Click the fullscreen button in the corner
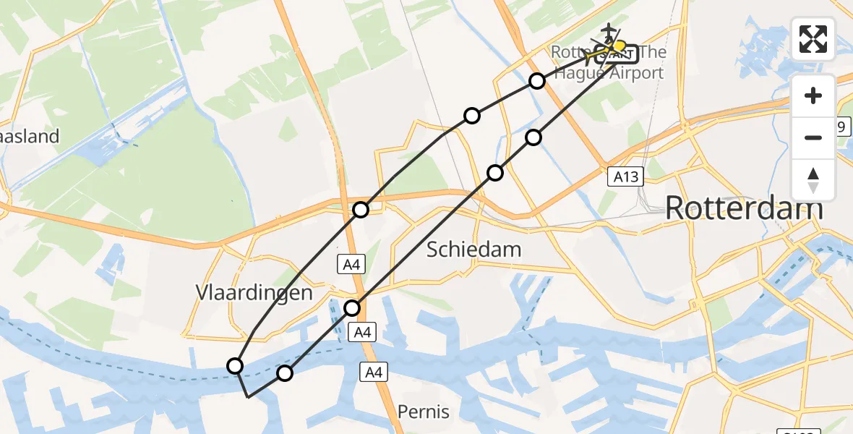click(x=813, y=39)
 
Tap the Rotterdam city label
click(x=743, y=208)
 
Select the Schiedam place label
click(x=473, y=250)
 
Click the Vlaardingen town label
click(x=254, y=293)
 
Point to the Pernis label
click(x=423, y=412)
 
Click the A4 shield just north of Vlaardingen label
click(x=352, y=265)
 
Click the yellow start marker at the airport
click(x=619, y=47)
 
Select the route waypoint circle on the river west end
click(x=235, y=366)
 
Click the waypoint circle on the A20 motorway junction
click(x=361, y=210)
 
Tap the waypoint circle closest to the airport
click(x=536, y=81)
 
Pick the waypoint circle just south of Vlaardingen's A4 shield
click(x=352, y=308)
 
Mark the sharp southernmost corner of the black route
click(x=248, y=397)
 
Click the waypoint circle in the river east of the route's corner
click(x=285, y=373)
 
